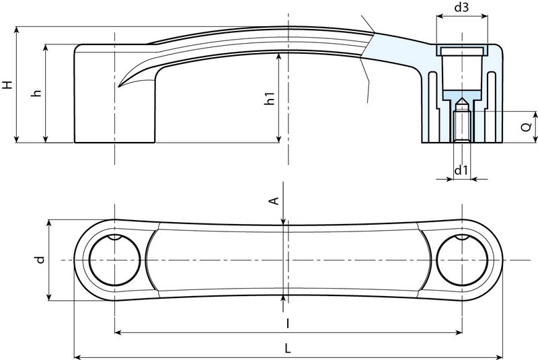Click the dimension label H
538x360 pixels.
tap(7, 85)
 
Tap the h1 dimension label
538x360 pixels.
tap(270, 98)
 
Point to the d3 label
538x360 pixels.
tap(461, 9)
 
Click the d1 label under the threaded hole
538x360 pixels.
tap(461, 170)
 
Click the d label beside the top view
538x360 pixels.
tap(40, 259)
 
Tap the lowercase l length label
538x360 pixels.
tap(288, 323)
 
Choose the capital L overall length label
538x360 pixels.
tap(288, 349)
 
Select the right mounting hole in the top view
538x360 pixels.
tap(461, 260)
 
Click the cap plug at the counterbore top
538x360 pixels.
tap(461, 51)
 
